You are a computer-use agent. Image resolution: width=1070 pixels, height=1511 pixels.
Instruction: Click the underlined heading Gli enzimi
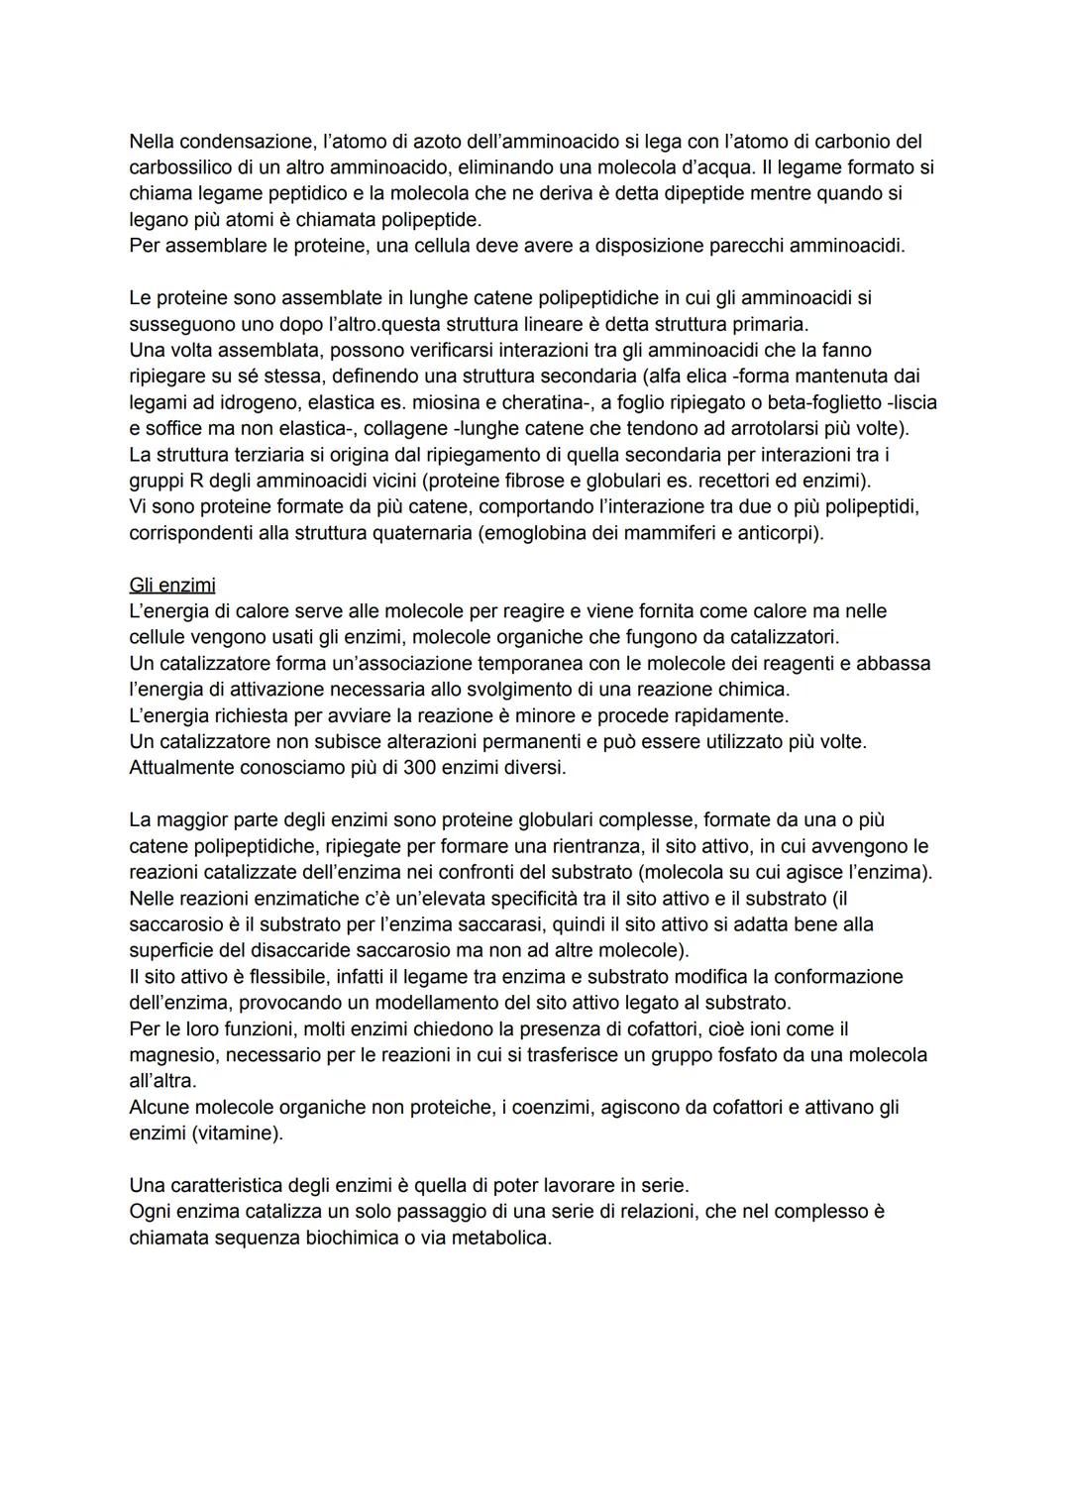coord(172,586)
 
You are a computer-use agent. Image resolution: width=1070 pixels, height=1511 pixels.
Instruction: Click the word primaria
coord(769,324)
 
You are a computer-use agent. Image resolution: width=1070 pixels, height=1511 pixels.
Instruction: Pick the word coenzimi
coord(545,1107)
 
